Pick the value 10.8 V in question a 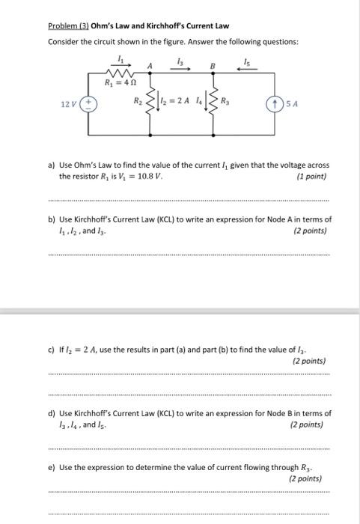146,177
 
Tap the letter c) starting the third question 51,350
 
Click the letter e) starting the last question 51,466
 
